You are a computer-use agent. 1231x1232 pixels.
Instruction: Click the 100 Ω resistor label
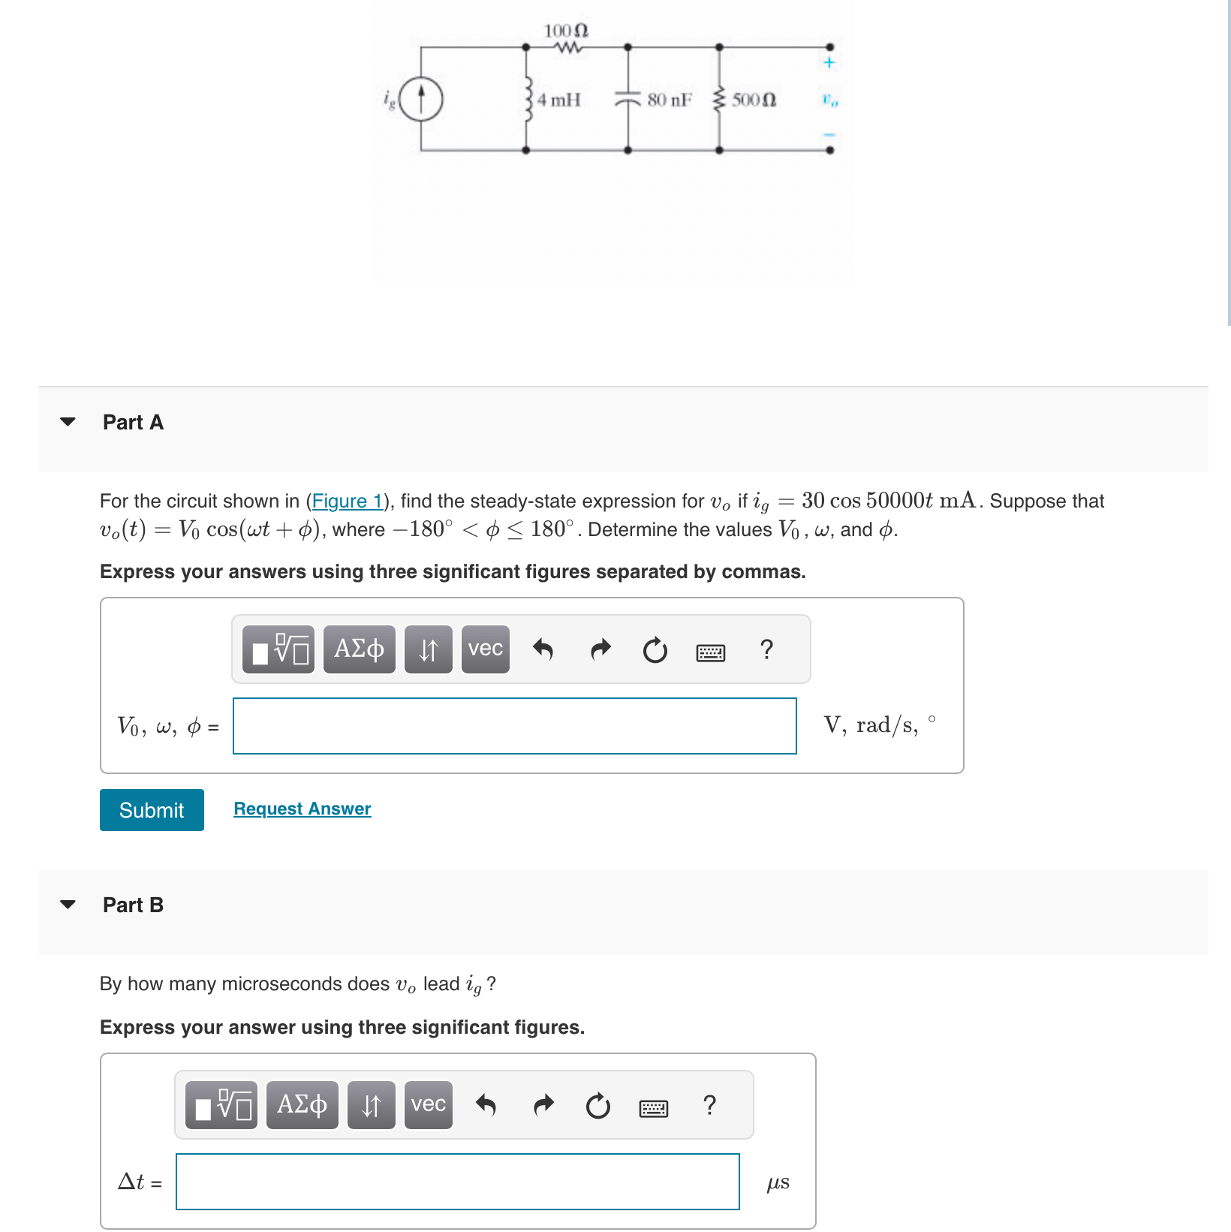566,31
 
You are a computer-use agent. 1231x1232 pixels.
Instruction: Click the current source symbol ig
420,99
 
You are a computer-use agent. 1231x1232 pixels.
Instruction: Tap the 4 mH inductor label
559,100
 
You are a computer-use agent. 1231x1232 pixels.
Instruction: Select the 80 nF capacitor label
669,100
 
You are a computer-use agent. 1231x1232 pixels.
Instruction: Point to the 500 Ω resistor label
754,100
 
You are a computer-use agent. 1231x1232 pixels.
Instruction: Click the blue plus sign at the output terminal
829,62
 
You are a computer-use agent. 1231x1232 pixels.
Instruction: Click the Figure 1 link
348,501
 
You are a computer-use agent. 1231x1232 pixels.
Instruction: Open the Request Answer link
302,809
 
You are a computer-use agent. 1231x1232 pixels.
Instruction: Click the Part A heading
133,422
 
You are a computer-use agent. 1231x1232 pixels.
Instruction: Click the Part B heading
133,905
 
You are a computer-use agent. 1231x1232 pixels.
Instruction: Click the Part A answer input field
514,726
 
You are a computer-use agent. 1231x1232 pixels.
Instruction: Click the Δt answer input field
457,1182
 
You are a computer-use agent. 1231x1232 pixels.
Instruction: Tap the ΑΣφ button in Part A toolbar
359,649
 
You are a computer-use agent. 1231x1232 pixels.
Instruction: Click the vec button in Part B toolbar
428,1104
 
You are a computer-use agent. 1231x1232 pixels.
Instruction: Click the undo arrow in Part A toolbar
543,649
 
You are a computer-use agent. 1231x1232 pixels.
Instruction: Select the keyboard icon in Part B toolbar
653,1107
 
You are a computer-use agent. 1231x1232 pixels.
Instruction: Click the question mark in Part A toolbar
766,649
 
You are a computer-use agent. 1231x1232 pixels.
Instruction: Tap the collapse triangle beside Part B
68,905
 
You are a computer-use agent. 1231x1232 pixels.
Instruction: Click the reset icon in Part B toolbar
597,1106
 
